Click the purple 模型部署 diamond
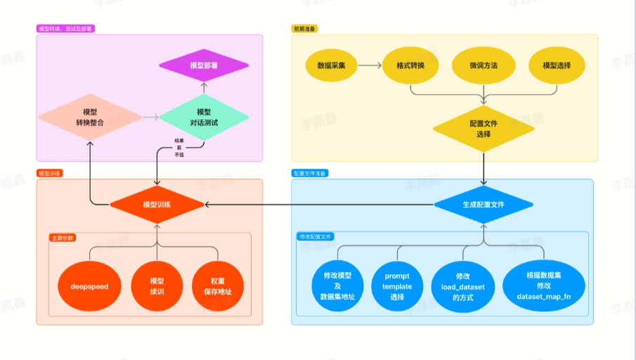coord(204,65)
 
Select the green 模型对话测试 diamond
coord(204,117)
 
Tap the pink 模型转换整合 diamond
coord(90,117)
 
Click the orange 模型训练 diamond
coord(157,205)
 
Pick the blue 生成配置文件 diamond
coord(484,205)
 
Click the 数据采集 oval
coord(330,65)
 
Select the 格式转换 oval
coord(411,65)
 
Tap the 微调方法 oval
coord(484,65)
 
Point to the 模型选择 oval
coord(557,65)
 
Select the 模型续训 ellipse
coord(157,286)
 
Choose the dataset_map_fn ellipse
coord(545,286)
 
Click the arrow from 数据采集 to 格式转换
coord(370,65)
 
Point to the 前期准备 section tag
coord(304,29)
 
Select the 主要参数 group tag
coord(63,238)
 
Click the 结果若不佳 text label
coord(179,147)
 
